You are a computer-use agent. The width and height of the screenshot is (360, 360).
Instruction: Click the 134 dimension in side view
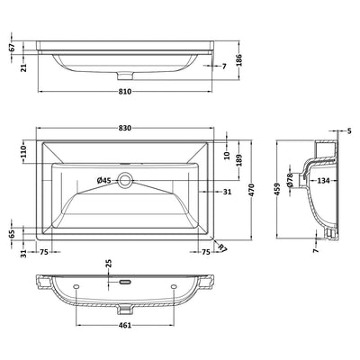click(x=320, y=182)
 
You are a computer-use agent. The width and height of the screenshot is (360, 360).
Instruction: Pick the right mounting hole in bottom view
click(x=175, y=287)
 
